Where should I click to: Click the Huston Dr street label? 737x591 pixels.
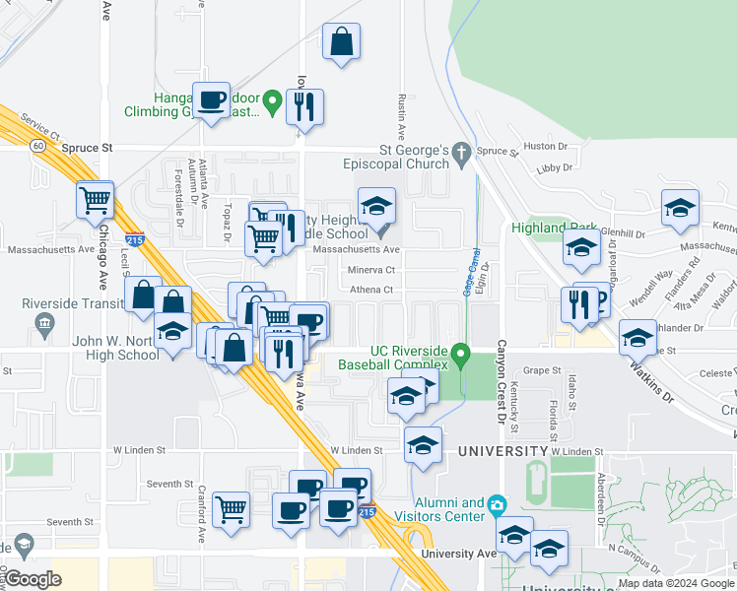(x=541, y=146)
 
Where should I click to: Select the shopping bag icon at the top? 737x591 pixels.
(x=340, y=42)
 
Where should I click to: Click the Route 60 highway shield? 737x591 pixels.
(x=36, y=145)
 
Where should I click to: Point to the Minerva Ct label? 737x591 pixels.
(x=370, y=270)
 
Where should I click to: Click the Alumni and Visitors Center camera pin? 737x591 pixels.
(x=497, y=504)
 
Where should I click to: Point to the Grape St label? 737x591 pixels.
(x=541, y=370)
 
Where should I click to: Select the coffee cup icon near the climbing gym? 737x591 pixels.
(x=211, y=99)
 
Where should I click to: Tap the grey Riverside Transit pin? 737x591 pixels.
(x=43, y=323)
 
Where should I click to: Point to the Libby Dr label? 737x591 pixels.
(x=549, y=169)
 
